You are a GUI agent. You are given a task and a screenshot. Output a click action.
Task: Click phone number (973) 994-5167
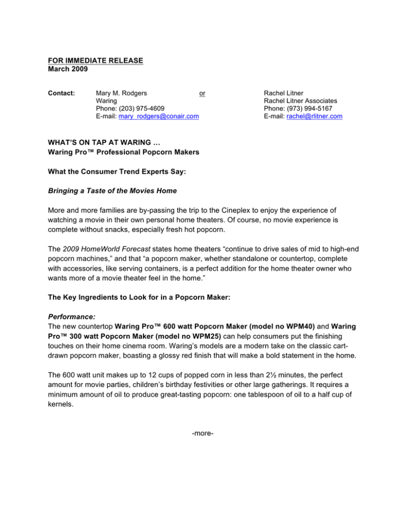(x=299, y=108)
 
